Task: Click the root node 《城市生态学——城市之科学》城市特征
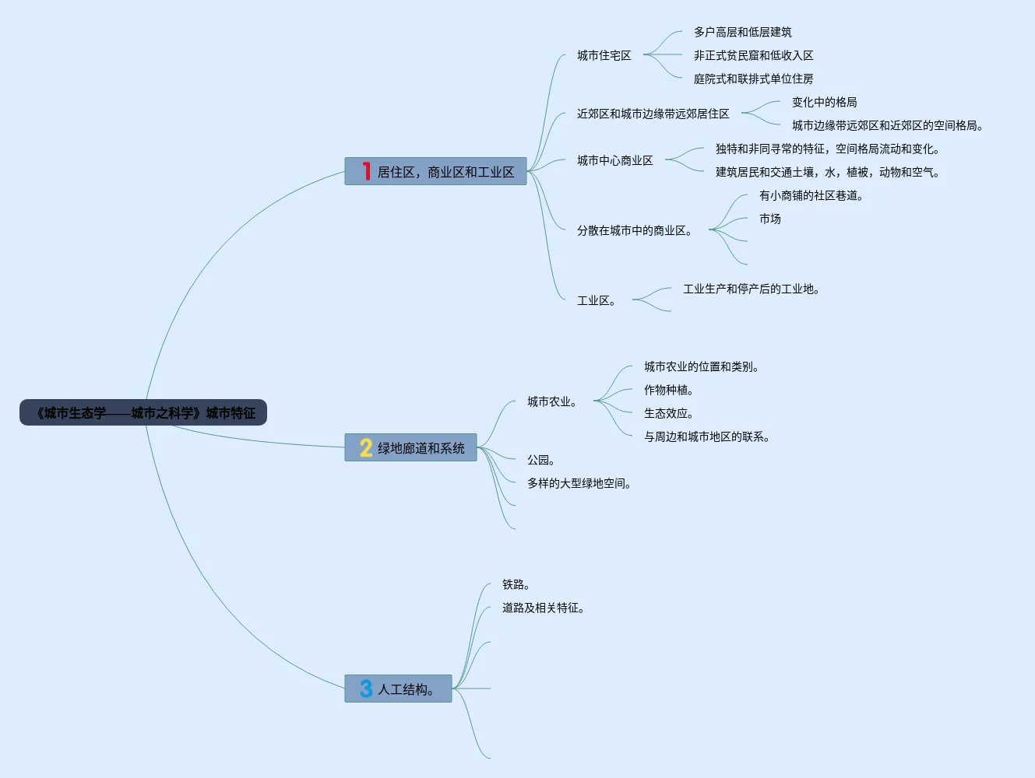tap(143, 413)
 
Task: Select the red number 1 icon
tap(366, 171)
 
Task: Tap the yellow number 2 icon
tap(366, 447)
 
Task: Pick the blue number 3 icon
tap(366, 689)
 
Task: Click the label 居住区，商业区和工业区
tap(445, 172)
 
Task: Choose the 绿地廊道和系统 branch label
tap(421, 448)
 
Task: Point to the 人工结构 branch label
tap(405, 689)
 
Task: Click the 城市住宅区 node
tap(604, 55)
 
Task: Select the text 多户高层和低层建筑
tap(742, 32)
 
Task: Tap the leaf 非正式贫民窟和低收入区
tap(753, 55)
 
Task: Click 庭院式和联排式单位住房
tap(753, 79)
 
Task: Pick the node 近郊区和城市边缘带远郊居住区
tap(653, 114)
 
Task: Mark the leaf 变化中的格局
tap(824, 102)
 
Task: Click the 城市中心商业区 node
tap(614, 160)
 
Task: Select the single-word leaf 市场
tap(769, 219)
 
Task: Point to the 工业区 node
tap(596, 300)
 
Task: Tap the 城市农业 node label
tap(551, 401)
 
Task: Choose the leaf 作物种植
tap(668, 390)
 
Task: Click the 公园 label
tap(540, 460)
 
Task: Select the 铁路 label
tap(516, 584)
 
